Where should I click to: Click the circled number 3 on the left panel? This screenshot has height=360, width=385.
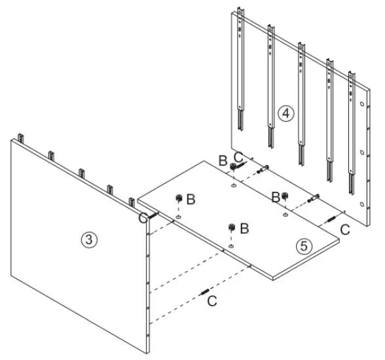90,240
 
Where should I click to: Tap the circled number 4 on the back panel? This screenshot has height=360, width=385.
284,113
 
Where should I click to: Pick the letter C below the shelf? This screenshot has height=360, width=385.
211,301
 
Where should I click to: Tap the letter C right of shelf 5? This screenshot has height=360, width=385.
344,228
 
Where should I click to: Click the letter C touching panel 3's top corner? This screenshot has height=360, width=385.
142,218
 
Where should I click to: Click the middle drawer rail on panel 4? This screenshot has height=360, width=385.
302,98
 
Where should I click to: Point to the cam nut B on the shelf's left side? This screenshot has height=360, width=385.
177,198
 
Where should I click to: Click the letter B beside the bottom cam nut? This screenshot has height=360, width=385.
244,228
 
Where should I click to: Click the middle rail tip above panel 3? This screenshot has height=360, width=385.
81,173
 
